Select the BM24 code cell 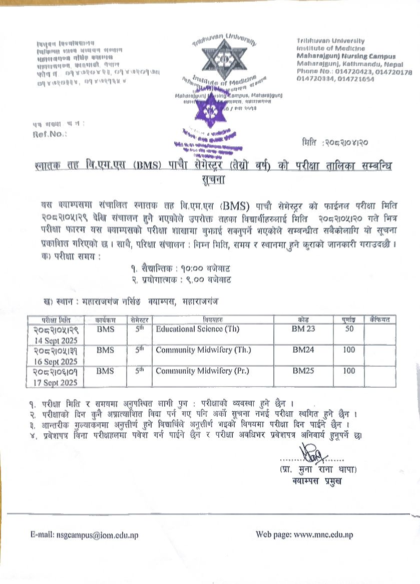pyautogui.click(x=303, y=350)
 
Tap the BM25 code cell pyautogui.click(x=303, y=371)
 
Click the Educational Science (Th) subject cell pyautogui.click(x=198, y=329)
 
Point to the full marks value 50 pyautogui.click(x=349, y=329)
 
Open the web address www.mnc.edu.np pyautogui.click(x=323, y=534)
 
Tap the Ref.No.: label pyautogui.click(x=49, y=134)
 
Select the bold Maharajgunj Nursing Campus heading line pyautogui.click(x=346, y=57)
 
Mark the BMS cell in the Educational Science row pyautogui.click(x=105, y=329)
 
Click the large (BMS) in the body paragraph pyautogui.click(x=235, y=205)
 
